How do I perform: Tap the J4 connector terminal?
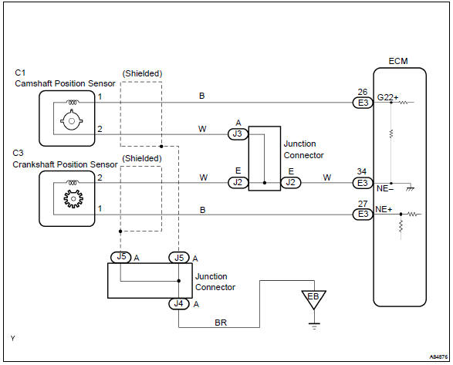[x=179, y=303]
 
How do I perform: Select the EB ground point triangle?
[x=313, y=298]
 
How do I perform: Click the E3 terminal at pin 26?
[x=361, y=102]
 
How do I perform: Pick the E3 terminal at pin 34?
[x=361, y=183]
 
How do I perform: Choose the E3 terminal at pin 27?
[x=361, y=213]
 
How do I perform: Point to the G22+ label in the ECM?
[x=387, y=97]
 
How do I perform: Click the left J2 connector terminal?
[x=238, y=183]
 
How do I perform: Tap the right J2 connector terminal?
[x=291, y=183]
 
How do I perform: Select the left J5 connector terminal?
[x=120, y=258]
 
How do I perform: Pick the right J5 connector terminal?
[x=179, y=258]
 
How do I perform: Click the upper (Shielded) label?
[x=142, y=73]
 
